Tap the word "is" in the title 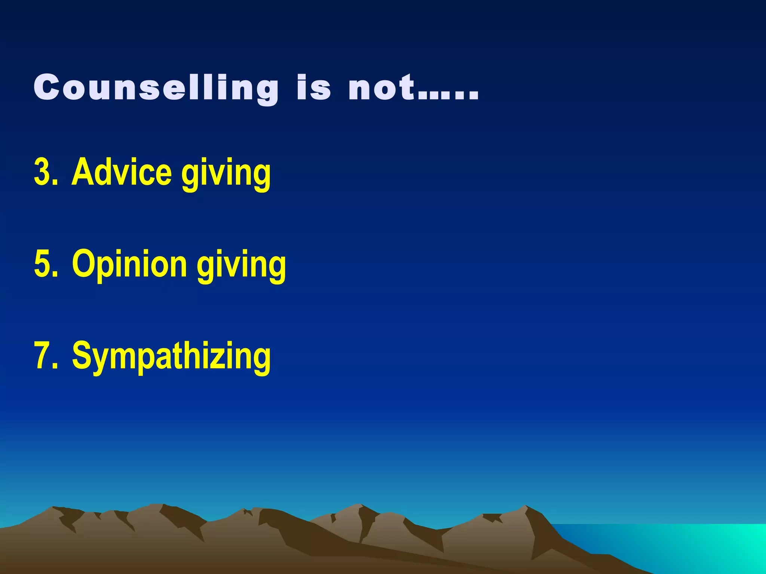[x=313, y=88]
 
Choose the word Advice [x=122, y=172]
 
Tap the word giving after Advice [x=226, y=174]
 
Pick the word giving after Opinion [x=242, y=265]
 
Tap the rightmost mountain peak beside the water [x=526, y=507]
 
